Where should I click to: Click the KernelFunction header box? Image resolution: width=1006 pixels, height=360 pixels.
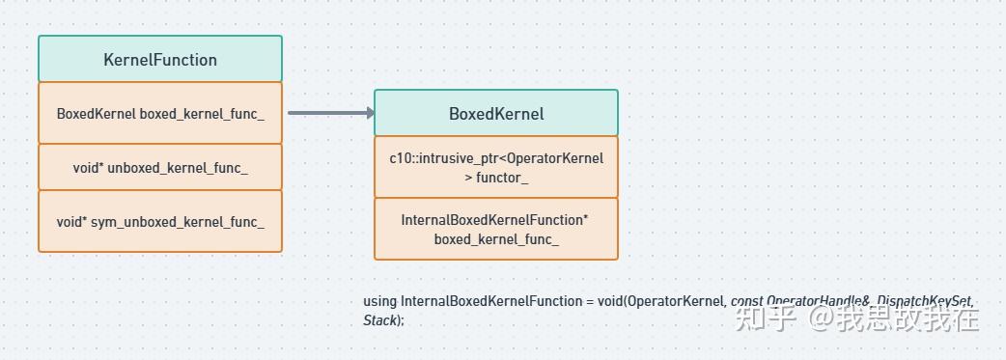(x=160, y=60)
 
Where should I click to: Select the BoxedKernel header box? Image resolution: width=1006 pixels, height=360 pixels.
(x=496, y=114)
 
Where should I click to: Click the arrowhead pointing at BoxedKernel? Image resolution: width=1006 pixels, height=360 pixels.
(x=369, y=113)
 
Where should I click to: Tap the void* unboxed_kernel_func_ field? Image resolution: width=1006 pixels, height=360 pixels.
(x=160, y=168)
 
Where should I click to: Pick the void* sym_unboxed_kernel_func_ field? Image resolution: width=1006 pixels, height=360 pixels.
(x=160, y=222)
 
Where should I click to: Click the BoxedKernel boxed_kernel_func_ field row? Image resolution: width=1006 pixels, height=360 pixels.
(x=160, y=114)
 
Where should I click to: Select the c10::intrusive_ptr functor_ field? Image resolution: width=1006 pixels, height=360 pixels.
(x=496, y=168)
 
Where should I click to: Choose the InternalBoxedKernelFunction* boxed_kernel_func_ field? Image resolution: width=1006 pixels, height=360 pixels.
(x=496, y=230)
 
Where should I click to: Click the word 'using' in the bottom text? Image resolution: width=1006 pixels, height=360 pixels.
(x=379, y=301)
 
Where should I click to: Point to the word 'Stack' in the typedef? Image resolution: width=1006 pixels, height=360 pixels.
(x=379, y=320)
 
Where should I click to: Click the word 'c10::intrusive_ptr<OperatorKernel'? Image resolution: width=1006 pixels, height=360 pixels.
(x=496, y=158)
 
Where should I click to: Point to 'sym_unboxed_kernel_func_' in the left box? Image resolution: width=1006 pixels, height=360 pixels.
(x=178, y=222)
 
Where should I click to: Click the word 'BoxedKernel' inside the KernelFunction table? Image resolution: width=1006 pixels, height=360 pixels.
(x=96, y=114)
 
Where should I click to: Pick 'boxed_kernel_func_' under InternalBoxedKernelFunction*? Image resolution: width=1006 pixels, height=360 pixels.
(x=496, y=239)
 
